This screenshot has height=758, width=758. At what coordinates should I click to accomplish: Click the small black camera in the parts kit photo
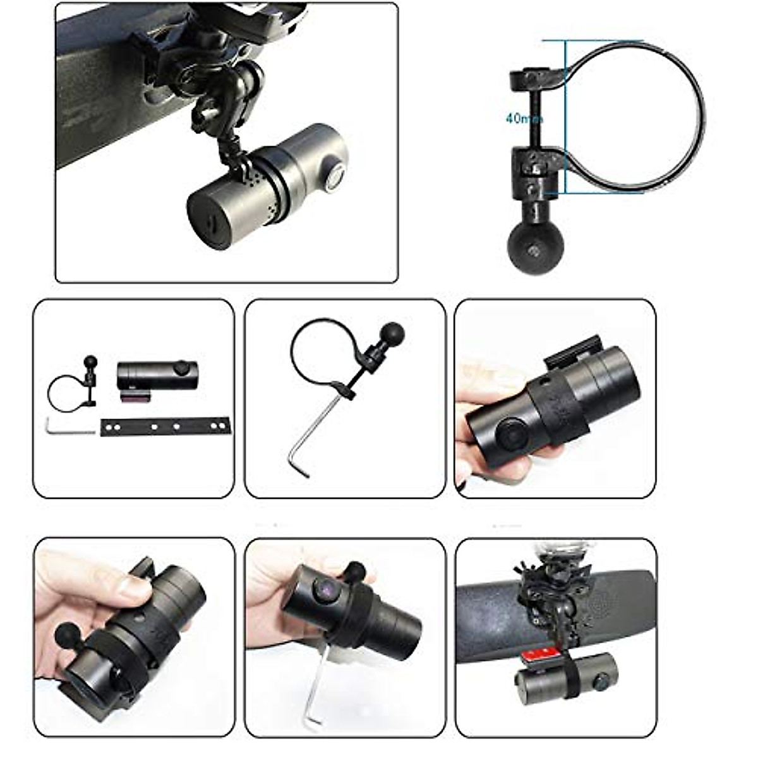click(x=157, y=375)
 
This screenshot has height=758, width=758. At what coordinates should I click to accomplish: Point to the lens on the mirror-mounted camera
click(x=601, y=681)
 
